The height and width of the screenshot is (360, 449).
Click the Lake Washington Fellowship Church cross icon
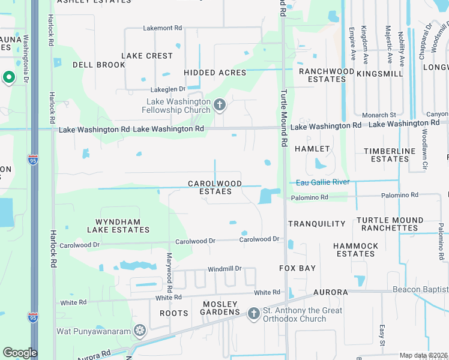220,106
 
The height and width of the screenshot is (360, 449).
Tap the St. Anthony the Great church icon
253,313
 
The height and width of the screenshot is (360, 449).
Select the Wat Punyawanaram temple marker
140,331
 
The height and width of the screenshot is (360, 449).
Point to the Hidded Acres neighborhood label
215,73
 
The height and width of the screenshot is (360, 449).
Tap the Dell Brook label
98,65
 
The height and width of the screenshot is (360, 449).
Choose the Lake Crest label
147,56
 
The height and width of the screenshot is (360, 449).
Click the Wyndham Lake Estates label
114,226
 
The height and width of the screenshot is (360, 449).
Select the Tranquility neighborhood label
317,224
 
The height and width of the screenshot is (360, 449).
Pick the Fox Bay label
298,268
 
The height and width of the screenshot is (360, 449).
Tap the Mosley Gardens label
220,308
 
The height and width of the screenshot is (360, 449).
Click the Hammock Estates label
356,250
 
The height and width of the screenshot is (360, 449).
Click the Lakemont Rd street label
162,28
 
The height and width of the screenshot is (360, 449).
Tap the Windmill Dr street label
224,269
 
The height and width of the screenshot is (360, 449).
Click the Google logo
20,353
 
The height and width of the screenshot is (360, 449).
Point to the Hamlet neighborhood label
313,149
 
